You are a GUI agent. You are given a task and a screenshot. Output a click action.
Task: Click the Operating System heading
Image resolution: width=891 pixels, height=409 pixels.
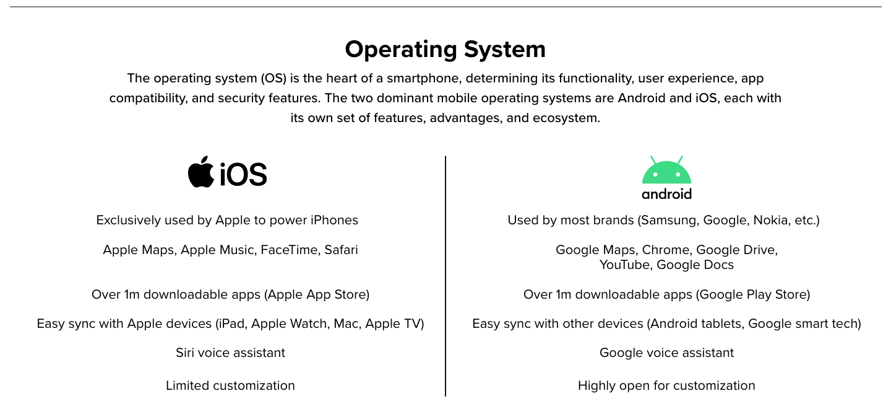pos(445,50)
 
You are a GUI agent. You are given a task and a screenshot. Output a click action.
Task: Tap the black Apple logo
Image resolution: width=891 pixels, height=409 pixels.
pos(201,172)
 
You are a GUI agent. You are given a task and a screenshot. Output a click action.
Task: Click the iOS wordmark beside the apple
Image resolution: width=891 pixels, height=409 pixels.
pos(243,174)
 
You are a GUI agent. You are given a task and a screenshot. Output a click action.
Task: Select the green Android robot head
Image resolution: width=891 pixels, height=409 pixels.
pos(666,170)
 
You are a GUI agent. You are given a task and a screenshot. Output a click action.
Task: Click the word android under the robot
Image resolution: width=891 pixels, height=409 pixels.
pos(666,194)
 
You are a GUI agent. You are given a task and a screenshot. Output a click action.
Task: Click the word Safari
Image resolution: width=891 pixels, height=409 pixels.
pos(342,250)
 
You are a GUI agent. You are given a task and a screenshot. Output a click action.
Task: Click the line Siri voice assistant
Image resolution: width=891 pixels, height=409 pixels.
pos(230,353)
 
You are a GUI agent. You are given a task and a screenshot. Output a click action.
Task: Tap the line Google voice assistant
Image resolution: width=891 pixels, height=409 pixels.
pos(666,353)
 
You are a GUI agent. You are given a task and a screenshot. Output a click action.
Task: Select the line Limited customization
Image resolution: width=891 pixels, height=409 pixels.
pos(230,385)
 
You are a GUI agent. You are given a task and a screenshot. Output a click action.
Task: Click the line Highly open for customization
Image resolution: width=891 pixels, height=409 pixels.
pos(666,385)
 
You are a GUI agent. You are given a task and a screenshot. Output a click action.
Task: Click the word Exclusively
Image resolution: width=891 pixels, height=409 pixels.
pos(128,220)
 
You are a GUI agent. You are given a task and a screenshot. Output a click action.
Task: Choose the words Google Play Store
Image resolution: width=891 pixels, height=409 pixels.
pos(752,295)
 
